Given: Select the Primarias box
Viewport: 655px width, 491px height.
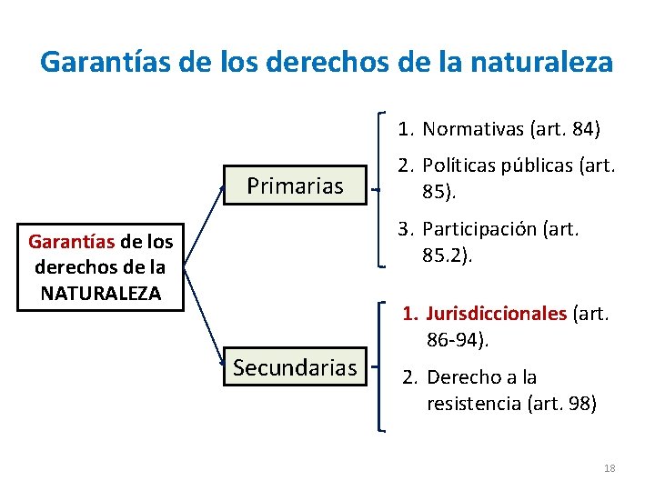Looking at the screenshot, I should (296, 186).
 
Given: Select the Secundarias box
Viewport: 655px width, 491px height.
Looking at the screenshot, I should (295, 368).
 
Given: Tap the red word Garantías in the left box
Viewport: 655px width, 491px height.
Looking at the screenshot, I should (71, 242).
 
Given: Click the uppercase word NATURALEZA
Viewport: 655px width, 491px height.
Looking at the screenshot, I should (101, 293).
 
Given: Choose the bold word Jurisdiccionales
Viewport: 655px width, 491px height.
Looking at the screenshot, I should (497, 315).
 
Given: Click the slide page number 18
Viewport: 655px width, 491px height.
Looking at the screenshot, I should (610, 468).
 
